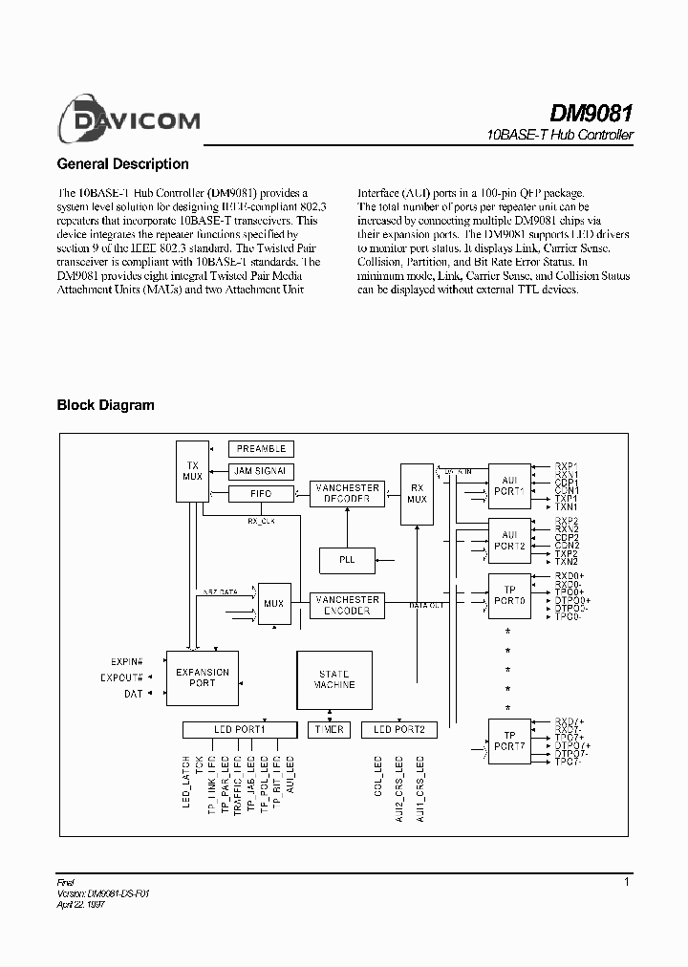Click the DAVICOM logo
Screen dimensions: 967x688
click(128, 119)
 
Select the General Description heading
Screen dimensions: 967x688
click(122, 164)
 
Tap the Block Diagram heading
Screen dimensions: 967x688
click(105, 405)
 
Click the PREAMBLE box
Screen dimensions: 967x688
click(261, 448)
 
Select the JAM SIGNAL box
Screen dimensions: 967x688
click(261, 471)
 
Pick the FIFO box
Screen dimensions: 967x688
click(261, 493)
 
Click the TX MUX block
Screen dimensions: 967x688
click(192, 470)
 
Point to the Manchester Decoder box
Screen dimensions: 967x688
click(348, 493)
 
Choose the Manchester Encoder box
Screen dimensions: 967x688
click(348, 605)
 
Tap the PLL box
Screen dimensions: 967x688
click(347, 559)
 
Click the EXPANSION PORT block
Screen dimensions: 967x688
click(203, 677)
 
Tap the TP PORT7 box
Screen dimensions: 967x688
click(507, 742)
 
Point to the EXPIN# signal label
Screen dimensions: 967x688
click(125, 661)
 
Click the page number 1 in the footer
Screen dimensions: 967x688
click(627, 882)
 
